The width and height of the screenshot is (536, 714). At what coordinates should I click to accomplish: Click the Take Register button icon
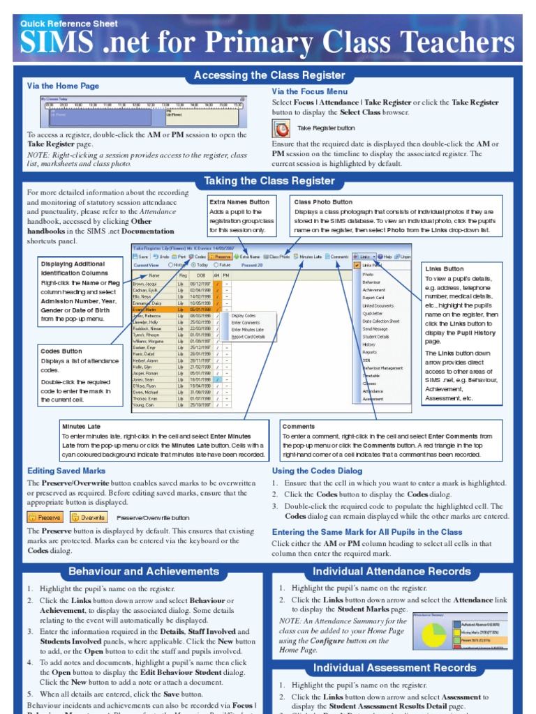point(281,129)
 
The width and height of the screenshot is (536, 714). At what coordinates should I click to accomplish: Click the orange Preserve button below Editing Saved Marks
point(45,517)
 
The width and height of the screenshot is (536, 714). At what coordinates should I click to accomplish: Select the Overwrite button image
point(87,517)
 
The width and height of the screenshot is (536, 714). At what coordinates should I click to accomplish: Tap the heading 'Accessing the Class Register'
point(269,75)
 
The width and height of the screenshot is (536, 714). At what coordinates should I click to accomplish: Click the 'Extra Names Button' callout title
point(239,202)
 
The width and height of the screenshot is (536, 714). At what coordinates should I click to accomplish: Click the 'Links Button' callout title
point(445,268)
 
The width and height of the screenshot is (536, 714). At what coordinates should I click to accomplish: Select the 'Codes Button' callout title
point(61,351)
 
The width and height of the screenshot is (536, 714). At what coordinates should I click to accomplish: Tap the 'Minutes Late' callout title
point(81,426)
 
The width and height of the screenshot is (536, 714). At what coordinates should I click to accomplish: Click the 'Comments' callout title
point(298,426)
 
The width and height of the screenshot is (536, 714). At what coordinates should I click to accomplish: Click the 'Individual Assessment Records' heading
point(395,667)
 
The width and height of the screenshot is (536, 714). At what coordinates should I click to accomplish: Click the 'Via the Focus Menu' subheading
point(309,91)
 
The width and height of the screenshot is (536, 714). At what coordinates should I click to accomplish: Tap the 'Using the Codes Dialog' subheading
point(317,471)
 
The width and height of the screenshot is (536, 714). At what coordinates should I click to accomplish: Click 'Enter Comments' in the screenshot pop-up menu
point(245,323)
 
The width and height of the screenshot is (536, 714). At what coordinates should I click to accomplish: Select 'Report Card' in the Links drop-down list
point(373,298)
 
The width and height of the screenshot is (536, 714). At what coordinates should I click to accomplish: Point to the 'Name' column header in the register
point(154,275)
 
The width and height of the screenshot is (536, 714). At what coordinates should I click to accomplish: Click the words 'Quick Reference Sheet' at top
point(69,24)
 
